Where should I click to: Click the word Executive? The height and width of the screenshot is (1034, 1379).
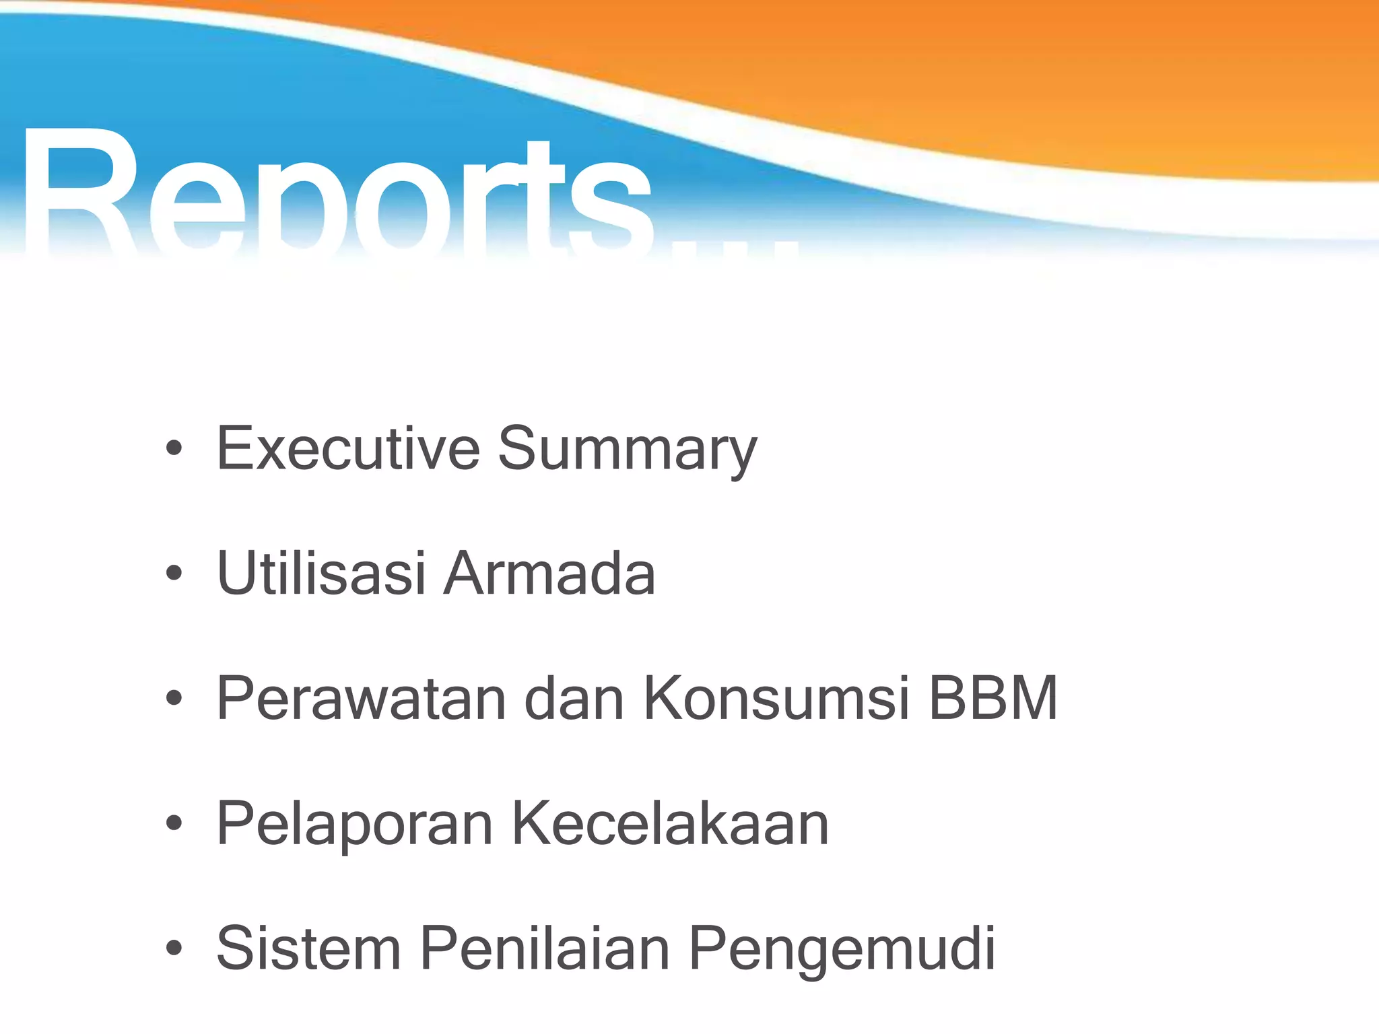click(348, 449)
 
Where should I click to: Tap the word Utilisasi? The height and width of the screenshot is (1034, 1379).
click(321, 574)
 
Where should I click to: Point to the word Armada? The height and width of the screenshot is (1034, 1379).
click(549, 574)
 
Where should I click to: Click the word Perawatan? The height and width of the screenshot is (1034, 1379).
click(360, 699)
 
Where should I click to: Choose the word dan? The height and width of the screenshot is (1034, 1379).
click(574, 699)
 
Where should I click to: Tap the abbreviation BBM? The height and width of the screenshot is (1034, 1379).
click(993, 699)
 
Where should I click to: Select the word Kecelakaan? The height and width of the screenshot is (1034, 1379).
click(670, 824)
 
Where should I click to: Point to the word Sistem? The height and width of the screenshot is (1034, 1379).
click(308, 949)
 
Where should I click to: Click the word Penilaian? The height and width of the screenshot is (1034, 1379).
click(545, 949)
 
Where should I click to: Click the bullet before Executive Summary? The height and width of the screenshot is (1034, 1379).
click(174, 448)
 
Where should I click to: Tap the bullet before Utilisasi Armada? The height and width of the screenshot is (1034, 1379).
click(174, 574)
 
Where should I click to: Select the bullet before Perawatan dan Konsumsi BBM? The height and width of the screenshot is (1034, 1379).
click(174, 699)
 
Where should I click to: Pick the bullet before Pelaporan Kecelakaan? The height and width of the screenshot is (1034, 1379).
click(174, 823)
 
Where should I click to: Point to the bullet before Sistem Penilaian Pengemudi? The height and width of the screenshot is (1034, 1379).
click(174, 949)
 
